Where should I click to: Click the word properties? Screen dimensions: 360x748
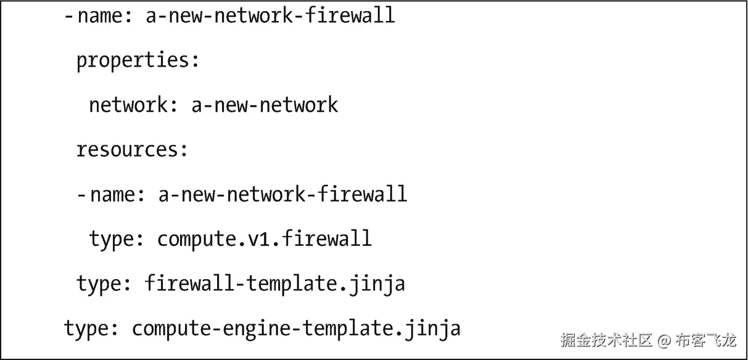pos(138,60)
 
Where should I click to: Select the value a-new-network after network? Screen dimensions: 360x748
pos(265,105)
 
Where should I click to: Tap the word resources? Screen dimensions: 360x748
pos(131,150)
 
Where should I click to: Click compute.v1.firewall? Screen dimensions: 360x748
pos(265,239)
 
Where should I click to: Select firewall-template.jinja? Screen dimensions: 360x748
pos(274,284)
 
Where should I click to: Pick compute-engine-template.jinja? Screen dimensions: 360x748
pos(296,329)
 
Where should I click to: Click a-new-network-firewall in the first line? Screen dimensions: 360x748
pos(270,15)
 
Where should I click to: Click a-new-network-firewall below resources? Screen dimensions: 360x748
pos(282,195)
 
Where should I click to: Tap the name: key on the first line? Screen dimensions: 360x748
pos(104,15)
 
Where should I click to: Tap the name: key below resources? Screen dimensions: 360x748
pos(117,195)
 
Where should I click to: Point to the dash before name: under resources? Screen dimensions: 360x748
pos(81,195)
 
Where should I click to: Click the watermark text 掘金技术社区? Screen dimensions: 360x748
pos(606,340)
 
